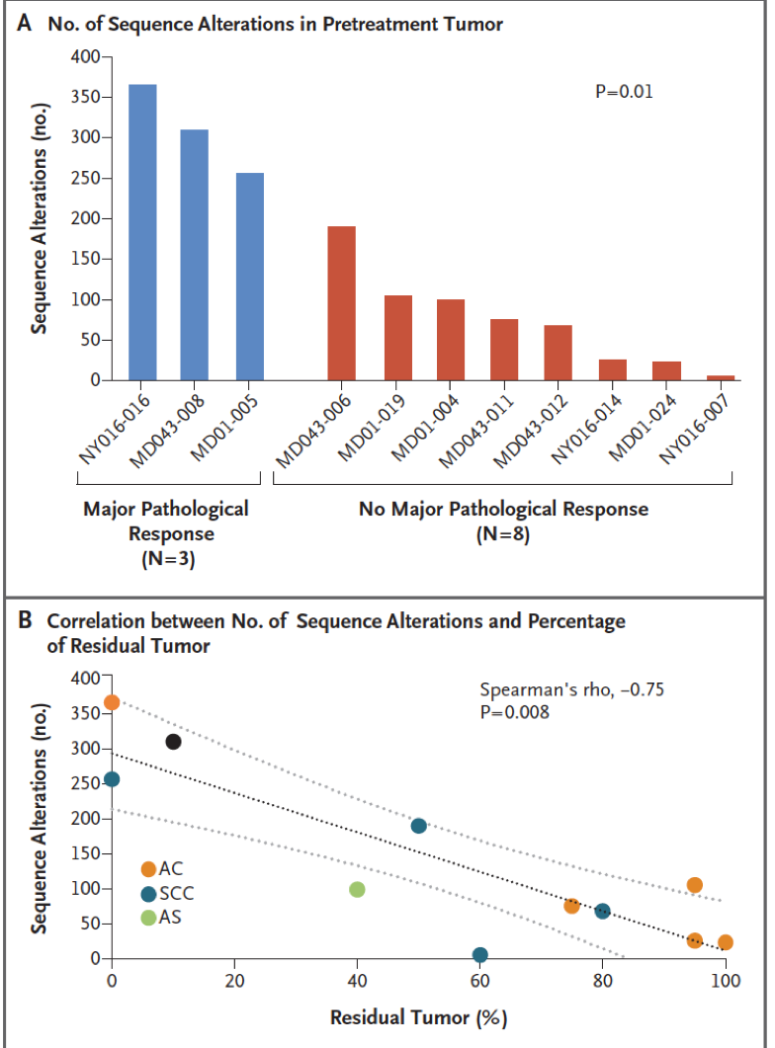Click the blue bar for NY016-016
pos(142,232)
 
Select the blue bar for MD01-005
pos(249,277)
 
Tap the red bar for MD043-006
pos(341,303)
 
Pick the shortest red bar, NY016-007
pos(721,377)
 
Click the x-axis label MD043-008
pos(167,431)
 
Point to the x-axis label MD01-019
pos(372,428)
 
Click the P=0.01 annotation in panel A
pos(624,92)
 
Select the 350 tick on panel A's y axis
pos(86,97)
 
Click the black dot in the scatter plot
pos(173,741)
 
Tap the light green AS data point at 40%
pos(357,890)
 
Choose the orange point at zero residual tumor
pos(112,701)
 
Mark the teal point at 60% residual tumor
pos(480,954)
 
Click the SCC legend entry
pos(168,894)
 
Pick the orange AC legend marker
pos(148,869)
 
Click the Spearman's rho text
pos(571,689)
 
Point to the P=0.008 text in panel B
pos(514,712)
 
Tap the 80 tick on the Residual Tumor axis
pos(602,981)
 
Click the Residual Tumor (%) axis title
pos(418,1017)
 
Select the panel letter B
pos(25,620)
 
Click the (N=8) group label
pos(503,534)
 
